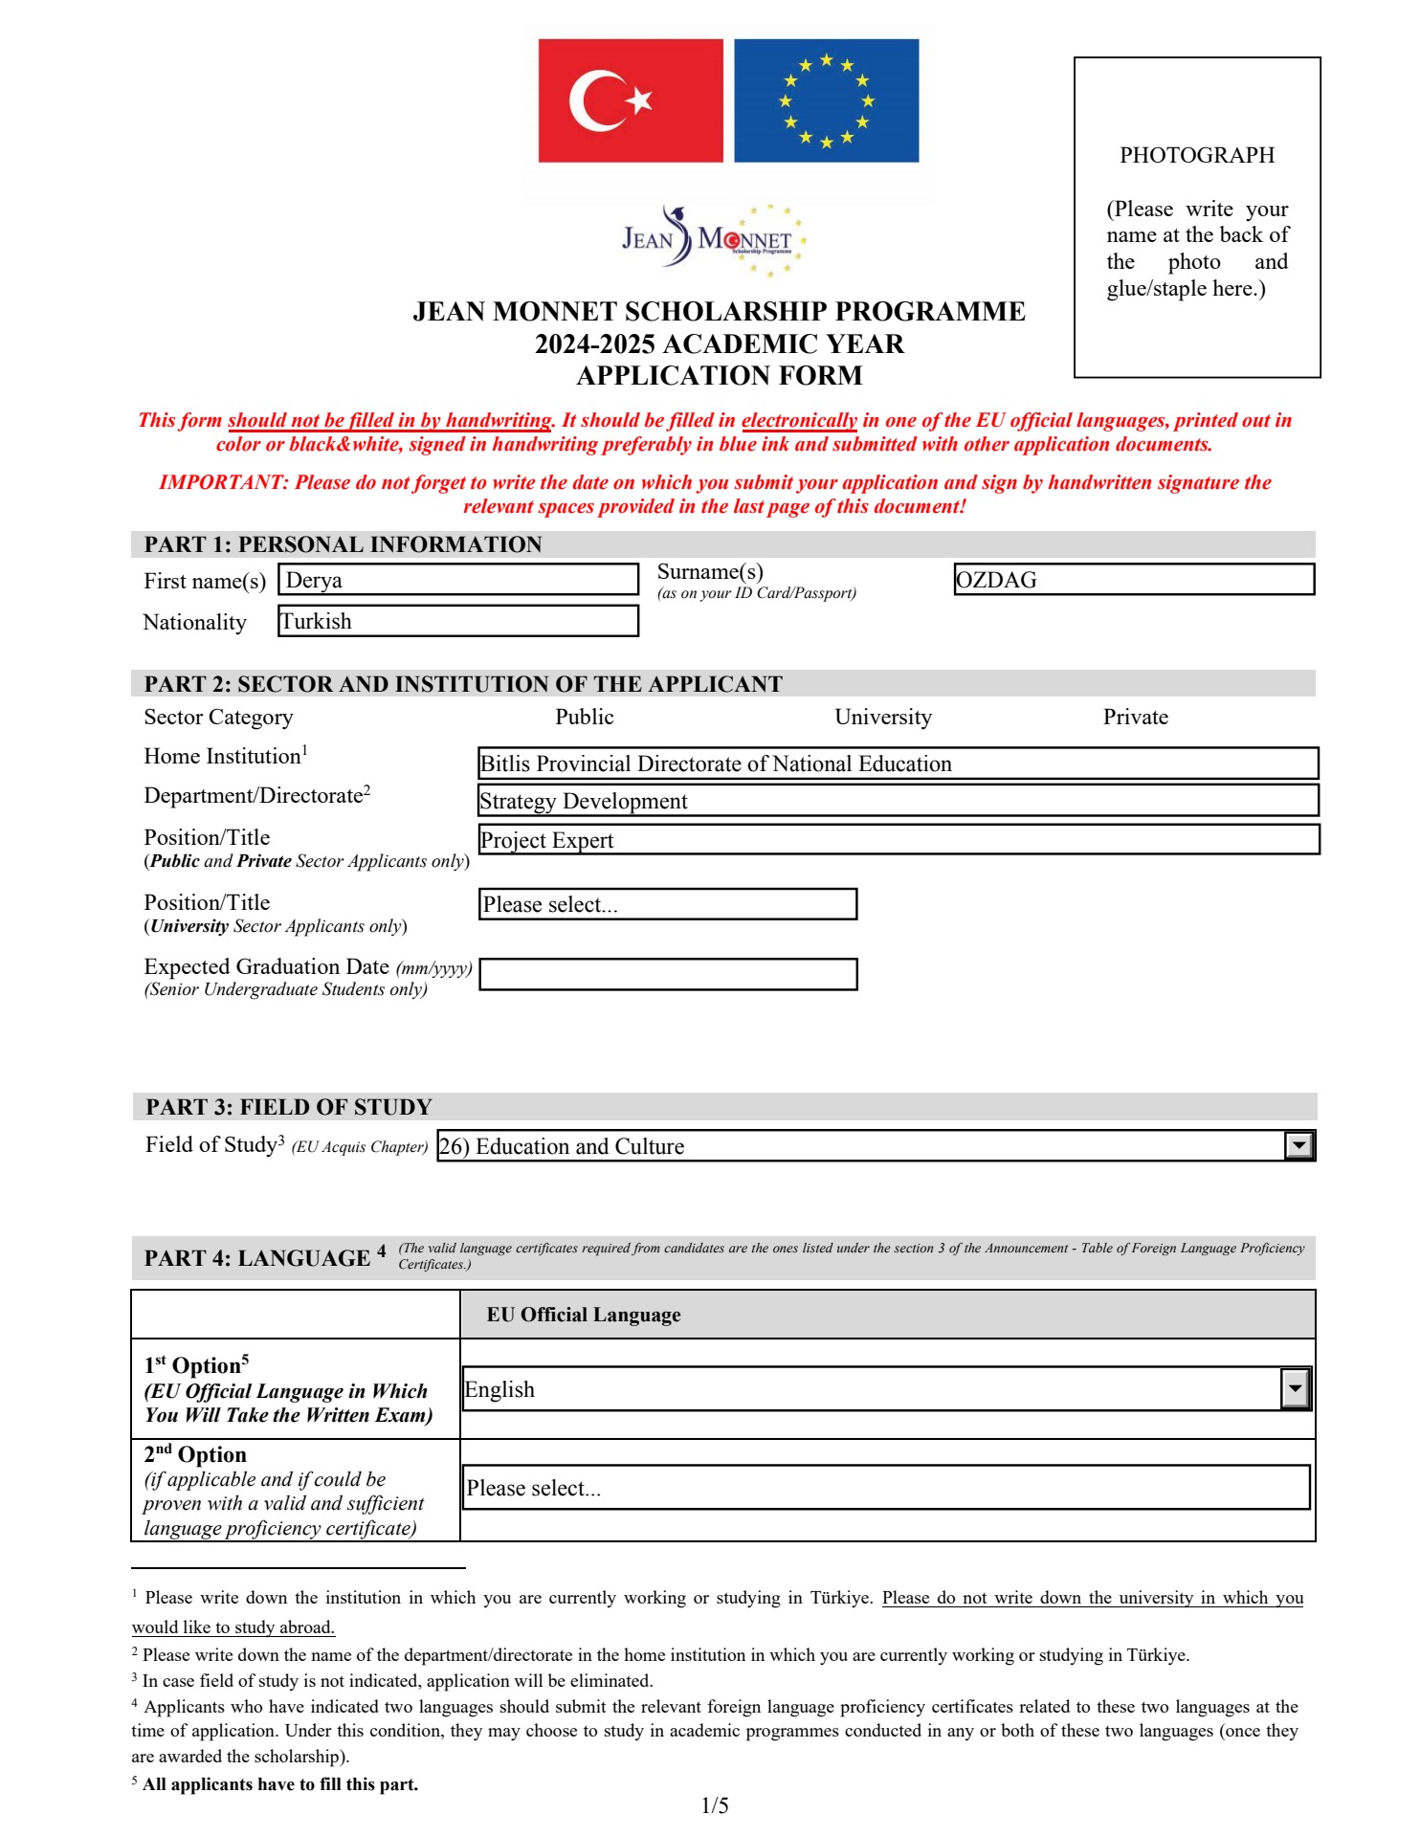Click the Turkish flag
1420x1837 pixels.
[x=630, y=100]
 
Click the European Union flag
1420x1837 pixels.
[x=826, y=100]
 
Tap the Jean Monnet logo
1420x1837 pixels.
[x=713, y=239]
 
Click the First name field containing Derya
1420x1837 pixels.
[x=457, y=580]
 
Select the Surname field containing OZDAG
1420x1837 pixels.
[x=1133, y=580]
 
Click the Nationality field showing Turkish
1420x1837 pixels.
[x=457, y=621]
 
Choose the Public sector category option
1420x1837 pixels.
[x=584, y=717]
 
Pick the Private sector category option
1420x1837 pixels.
[x=1135, y=717]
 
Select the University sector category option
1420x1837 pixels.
[x=882, y=717]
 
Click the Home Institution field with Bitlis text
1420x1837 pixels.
[x=898, y=764]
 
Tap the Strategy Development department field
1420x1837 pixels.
[x=898, y=801]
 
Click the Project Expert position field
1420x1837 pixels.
[x=898, y=840]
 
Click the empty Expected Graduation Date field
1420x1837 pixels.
[x=668, y=974]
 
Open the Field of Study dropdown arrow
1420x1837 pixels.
[x=1298, y=1145]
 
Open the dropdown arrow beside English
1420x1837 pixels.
[x=1294, y=1389]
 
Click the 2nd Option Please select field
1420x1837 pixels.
[x=885, y=1488]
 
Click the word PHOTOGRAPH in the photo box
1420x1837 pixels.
[x=1196, y=155]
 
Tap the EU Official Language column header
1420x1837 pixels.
[x=584, y=1315]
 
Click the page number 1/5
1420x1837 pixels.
[x=714, y=1805]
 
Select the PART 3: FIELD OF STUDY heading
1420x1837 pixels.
[x=288, y=1107]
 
